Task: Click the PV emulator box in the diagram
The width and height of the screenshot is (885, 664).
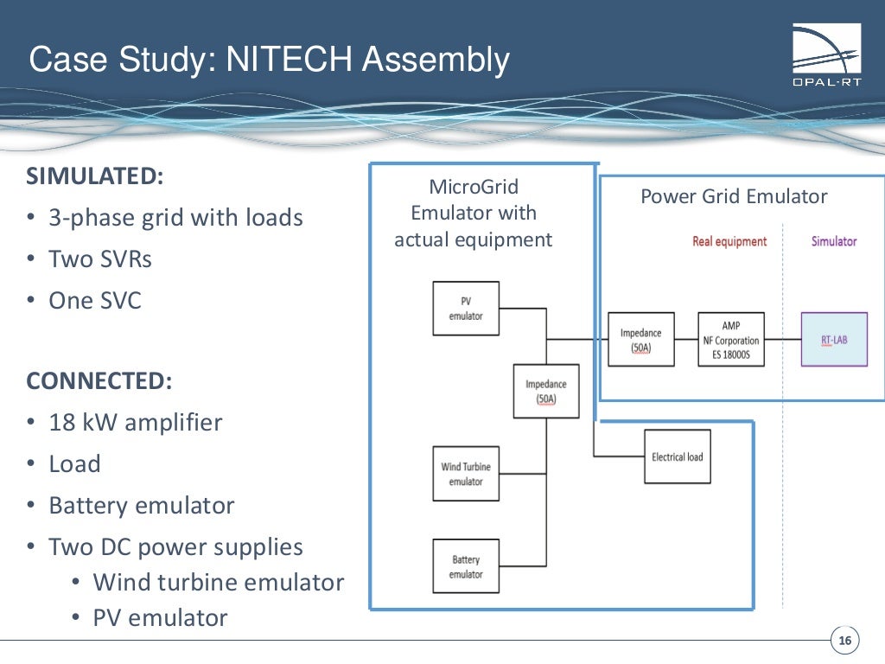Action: (466, 309)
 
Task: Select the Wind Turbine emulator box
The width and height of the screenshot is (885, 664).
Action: (466, 474)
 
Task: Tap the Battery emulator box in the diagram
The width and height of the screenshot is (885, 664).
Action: (466, 566)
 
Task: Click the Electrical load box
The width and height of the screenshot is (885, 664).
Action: (678, 456)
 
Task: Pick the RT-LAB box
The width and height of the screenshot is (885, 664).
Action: (834, 340)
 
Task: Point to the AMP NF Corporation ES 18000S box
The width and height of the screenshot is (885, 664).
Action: (731, 340)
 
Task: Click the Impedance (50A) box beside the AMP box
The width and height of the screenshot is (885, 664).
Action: (640, 340)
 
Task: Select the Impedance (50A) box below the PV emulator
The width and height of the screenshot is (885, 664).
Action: (546, 391)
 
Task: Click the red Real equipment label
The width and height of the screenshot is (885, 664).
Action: (729, 241)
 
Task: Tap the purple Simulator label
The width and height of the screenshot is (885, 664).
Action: (834, 241)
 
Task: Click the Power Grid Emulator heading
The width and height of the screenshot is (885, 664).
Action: (734, 196)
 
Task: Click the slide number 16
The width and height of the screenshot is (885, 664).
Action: (844, 641)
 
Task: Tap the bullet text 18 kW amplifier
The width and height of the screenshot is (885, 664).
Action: (136, 422)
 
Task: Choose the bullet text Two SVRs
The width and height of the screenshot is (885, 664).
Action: (100, 259)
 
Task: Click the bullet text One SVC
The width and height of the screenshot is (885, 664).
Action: (95, 300)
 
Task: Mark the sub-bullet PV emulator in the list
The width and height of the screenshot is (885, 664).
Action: (161, 617)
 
